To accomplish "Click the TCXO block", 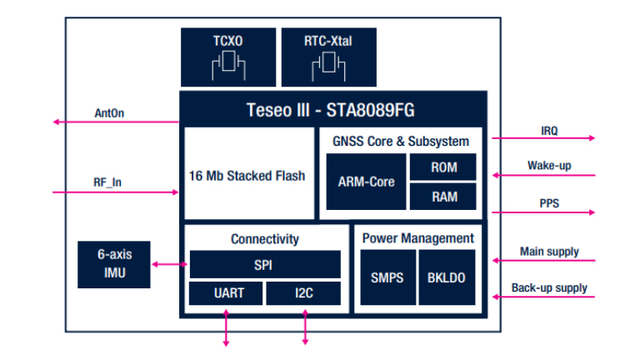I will (227, 57).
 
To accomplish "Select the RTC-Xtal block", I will (328, 57).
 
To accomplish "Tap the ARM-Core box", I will (364, 182).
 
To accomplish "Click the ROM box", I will (443, 167).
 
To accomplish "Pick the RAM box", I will (443, 197).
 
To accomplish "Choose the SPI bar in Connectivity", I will (264, 265).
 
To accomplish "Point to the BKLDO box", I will (447, 277).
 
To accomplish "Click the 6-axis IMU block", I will (114, 264).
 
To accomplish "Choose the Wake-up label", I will (549, 166).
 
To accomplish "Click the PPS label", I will (549, 202).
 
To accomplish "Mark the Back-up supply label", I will (549, 288).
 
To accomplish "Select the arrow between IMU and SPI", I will (170, 265).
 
